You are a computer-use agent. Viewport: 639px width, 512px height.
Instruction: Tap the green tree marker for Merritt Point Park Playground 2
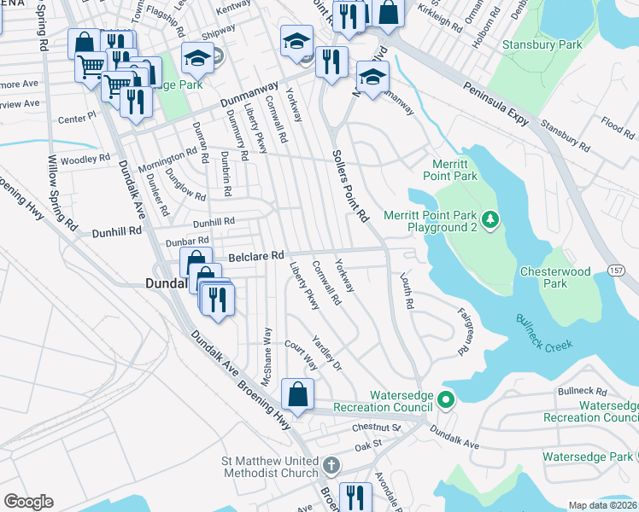[490, 220]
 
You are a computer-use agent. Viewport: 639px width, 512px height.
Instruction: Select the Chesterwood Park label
[555, 277]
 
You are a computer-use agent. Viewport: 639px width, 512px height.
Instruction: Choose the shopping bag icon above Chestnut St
[296, 395]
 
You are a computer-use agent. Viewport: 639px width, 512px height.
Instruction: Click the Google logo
[28, 502]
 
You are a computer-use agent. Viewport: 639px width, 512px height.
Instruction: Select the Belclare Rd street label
[255, 255]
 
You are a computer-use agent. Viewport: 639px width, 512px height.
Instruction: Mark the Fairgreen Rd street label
[466, 331]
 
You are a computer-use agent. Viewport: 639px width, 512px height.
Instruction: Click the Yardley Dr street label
[328, 352]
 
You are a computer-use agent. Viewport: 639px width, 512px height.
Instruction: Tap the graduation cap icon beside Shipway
[197, 58]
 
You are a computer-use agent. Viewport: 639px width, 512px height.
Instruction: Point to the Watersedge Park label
[595, 457]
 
